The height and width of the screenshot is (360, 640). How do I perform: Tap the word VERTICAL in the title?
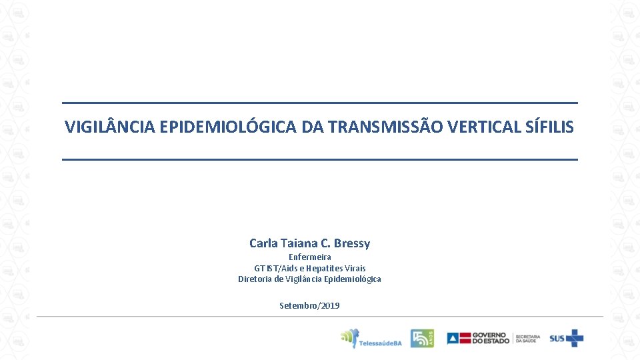point(483,127)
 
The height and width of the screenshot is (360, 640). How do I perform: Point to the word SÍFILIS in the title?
point(550,127)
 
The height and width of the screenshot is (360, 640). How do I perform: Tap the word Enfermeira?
point(309,257)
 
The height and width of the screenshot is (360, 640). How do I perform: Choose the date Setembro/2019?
point(309,305)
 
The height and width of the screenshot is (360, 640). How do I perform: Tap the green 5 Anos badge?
point(421,338)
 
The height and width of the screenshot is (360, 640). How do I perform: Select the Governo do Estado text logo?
point(490,338)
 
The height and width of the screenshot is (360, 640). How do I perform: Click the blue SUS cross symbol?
point(575,338)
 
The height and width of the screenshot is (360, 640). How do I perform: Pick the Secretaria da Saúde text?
point(527,339)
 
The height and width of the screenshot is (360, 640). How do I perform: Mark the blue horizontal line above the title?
point(320,103)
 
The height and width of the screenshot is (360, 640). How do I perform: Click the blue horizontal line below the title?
point(320,159)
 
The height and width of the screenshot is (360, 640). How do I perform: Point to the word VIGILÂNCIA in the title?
point(110,127)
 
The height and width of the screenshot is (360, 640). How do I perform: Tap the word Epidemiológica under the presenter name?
point(352,279)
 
